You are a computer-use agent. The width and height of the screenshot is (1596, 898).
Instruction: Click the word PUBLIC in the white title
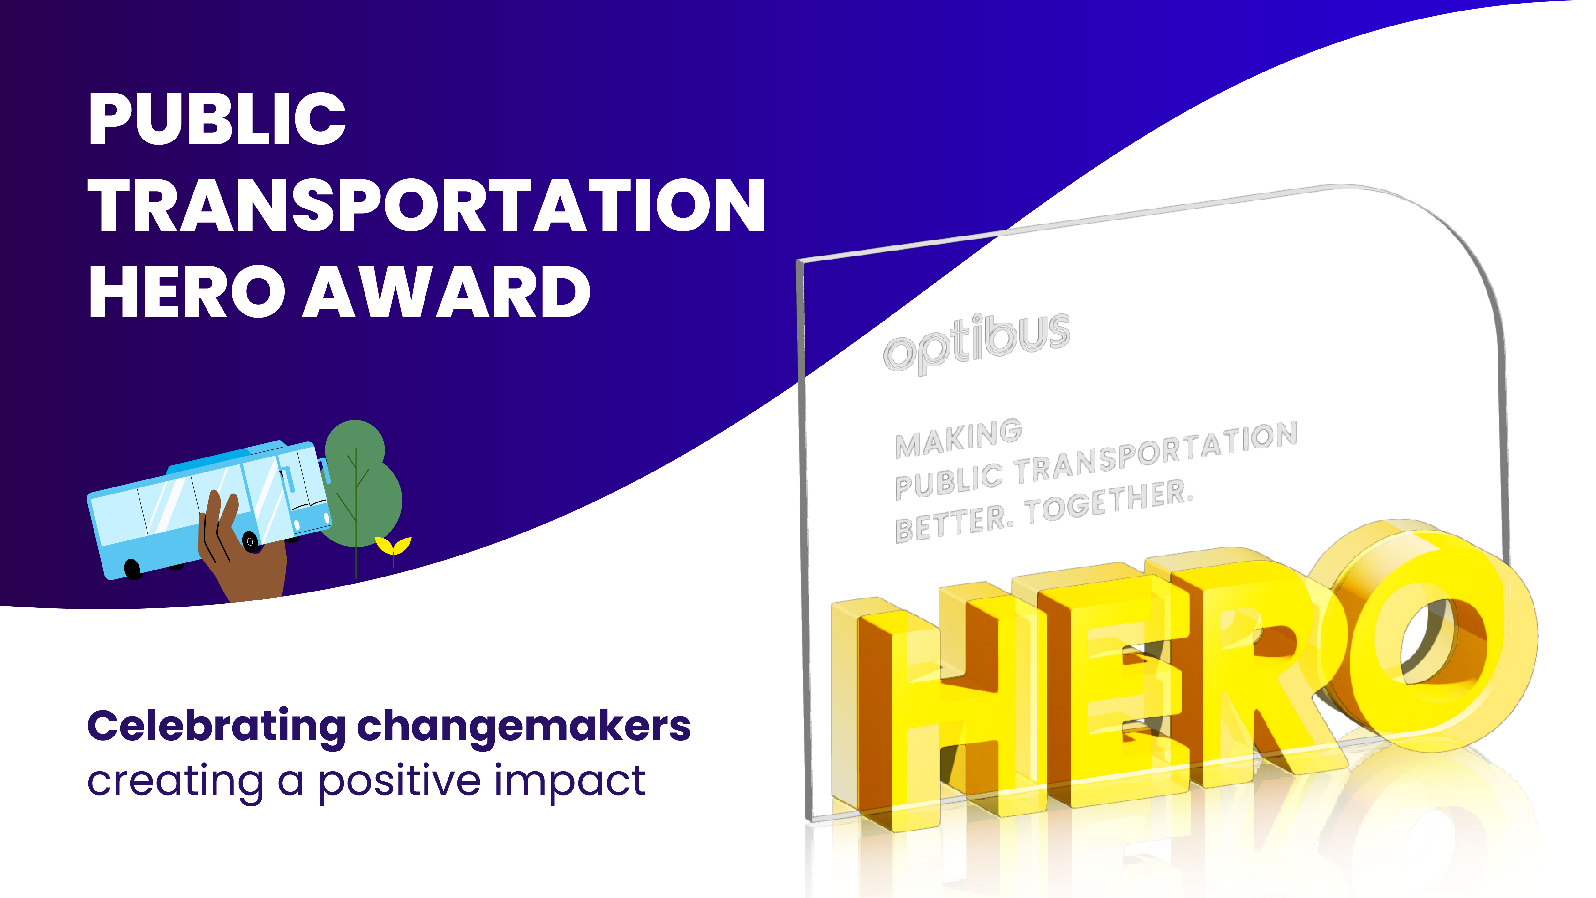click(x=217, y=118)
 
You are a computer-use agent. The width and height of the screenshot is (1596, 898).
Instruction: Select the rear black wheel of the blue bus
click(x=132, y=568)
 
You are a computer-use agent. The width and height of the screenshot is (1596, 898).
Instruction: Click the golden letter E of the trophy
click(x=1103, y=688)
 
